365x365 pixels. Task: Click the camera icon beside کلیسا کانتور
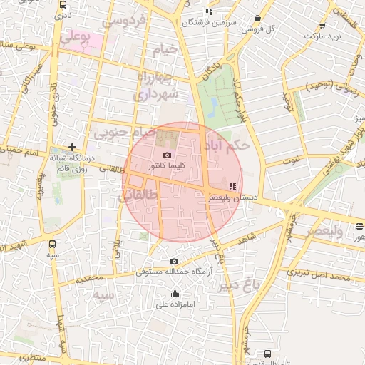click(x=167, y=155)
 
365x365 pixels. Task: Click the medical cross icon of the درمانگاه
click(x=71, y=146)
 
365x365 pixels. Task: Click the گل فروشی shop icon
click(x=257, y=19)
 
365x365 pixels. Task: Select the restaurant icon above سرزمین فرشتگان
click(x=208, y=11)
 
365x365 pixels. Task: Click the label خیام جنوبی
click(x=123, y=132)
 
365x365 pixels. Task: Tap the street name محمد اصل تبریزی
click(x=318, y=274)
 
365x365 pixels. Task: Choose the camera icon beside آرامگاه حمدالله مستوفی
click(x=175, y=262)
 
